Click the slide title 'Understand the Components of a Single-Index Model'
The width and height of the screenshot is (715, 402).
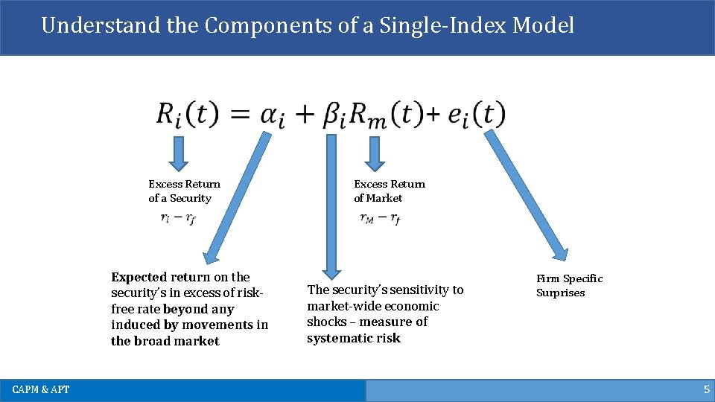click(308, 25)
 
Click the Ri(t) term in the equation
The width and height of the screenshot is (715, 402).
click(187, 115)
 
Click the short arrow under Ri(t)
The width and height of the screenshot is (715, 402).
click(179, 153)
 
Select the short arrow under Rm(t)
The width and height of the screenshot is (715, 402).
click(375, 153)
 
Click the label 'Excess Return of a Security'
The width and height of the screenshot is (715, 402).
click(184, 191)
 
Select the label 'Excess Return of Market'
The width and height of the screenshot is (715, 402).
click(389, 191)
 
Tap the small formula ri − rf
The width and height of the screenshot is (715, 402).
click(178, 219)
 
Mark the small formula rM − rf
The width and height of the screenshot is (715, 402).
click(380, 219)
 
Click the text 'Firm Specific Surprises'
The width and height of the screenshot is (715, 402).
click(569, 285)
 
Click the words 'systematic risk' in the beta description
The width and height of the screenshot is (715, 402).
click(354, 339)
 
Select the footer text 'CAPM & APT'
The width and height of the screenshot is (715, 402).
click(41, 390)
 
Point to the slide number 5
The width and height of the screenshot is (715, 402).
click(706, 390)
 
